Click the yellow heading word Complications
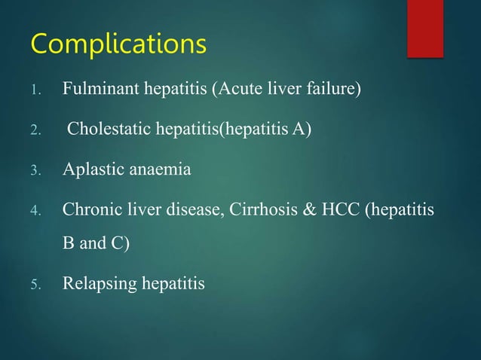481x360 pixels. [x=118, y=44]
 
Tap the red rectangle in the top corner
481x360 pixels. [x=425, y=28]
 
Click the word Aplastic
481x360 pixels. [x=89, y=169]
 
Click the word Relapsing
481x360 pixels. [x=96, y=284]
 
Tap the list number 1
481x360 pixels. [x=34, y=93]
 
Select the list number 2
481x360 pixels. [x=34, y=132]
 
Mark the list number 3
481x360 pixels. [x=34, y=171]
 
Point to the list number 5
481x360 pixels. [x=34, y=285]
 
